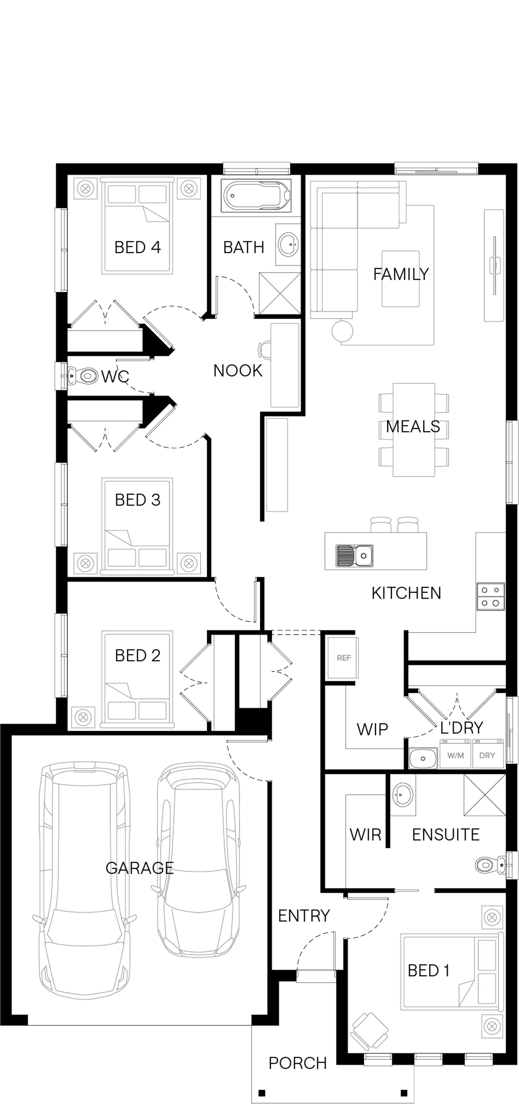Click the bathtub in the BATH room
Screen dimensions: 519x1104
[256, 196]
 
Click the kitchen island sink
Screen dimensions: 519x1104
[354, 556]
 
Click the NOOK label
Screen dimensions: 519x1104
[238, 371]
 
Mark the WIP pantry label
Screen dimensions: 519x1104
[372, 729]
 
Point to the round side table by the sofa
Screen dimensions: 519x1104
[342, 330]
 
